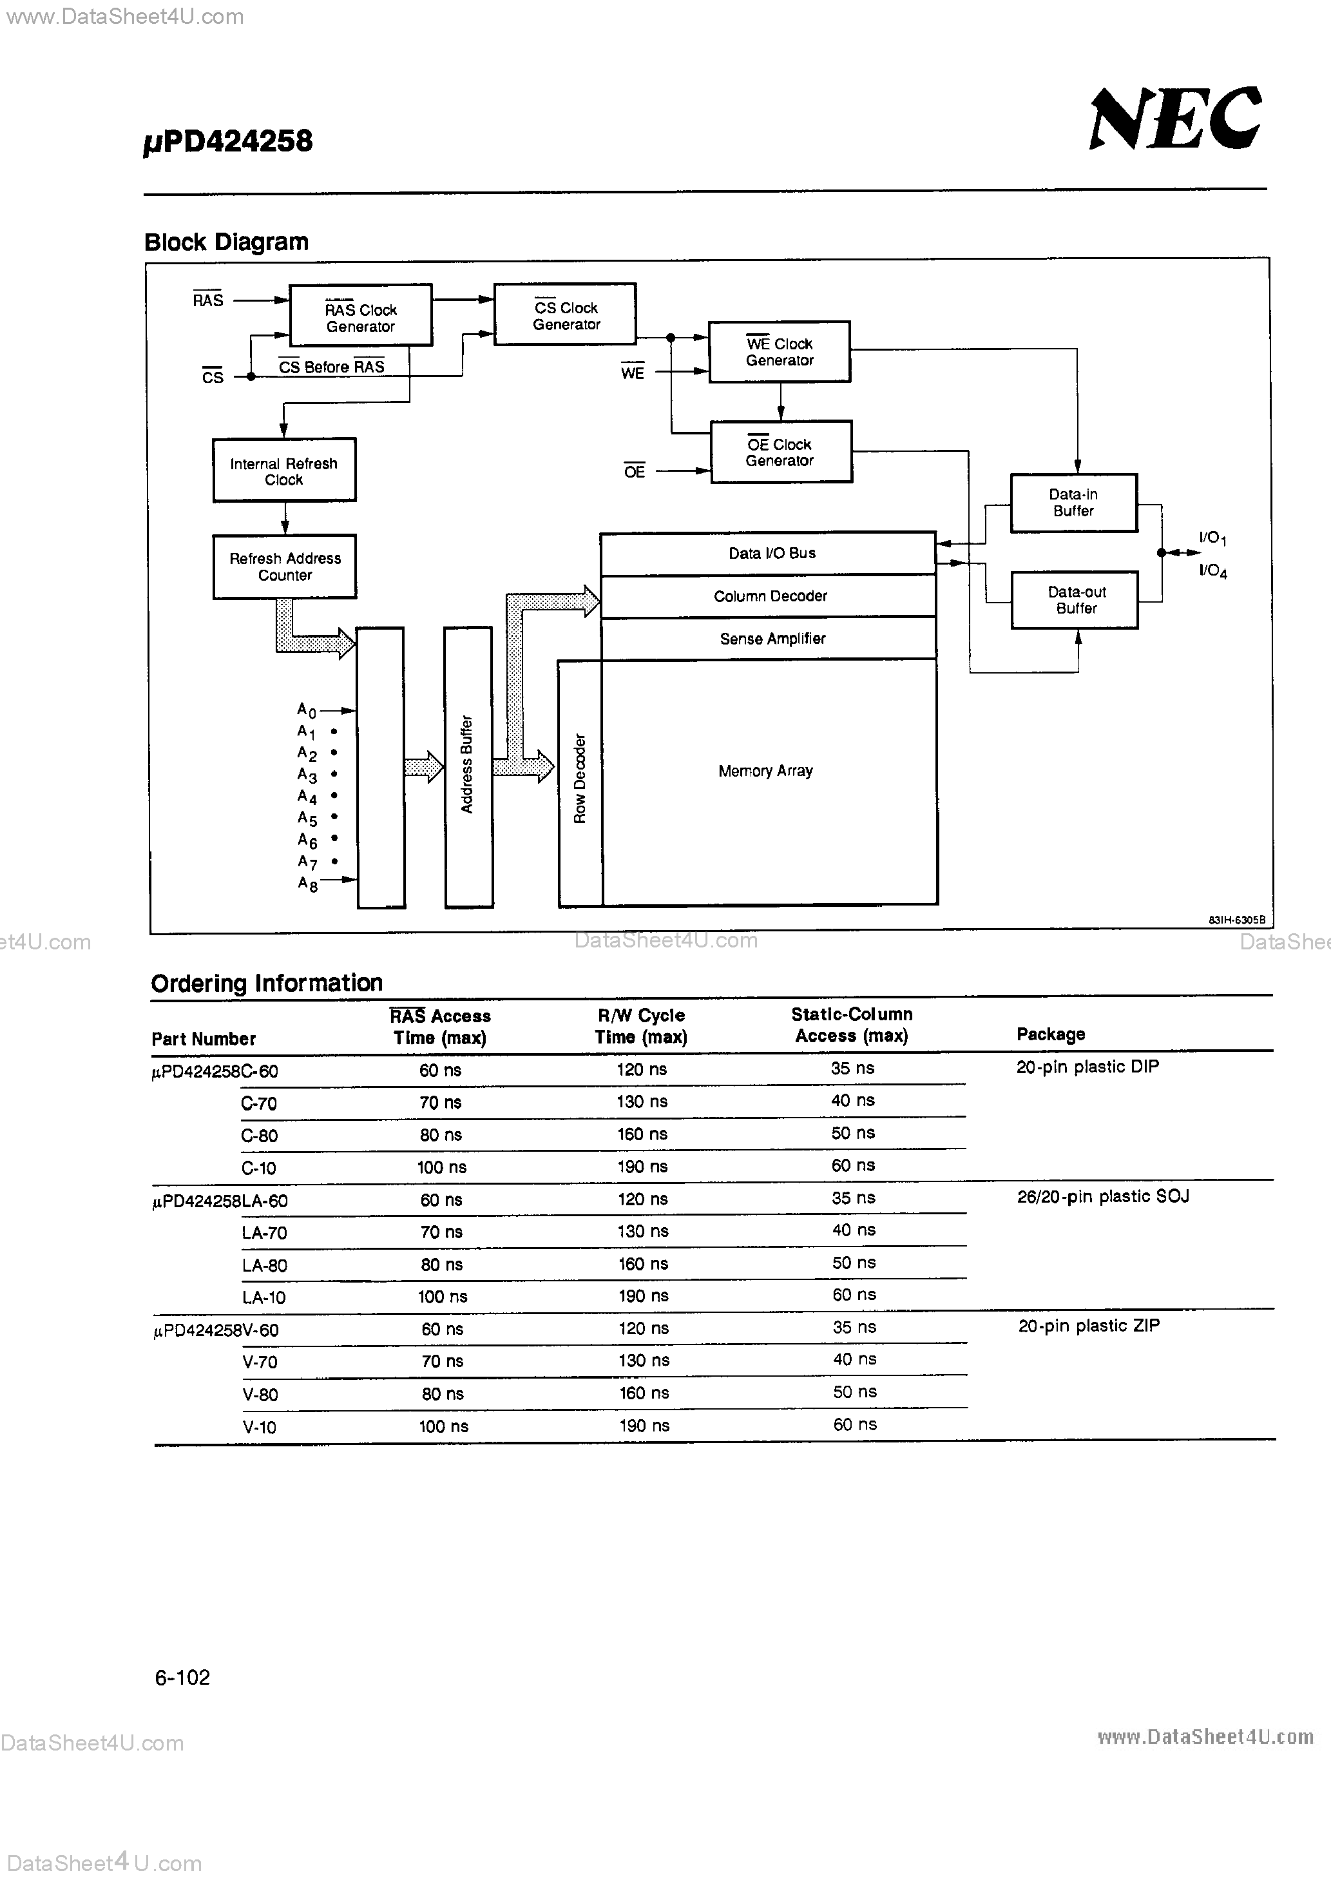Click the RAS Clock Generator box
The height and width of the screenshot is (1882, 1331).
coord(361,316)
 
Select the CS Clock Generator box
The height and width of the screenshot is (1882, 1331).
coord(565,315)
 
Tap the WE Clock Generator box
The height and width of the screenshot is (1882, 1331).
coord(780,352)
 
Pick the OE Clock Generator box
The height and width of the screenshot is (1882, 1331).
coord(780,452)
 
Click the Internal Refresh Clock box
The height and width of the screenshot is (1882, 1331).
coord(283,471)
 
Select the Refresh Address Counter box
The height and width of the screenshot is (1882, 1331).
coord(284,567)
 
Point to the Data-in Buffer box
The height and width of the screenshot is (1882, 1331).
coord(1073,503)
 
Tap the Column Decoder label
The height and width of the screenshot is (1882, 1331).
coord(770,596)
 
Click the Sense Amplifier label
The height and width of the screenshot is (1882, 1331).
coord(772,639)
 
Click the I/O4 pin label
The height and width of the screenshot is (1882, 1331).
coord(1212,571)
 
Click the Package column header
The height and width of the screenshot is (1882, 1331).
coord(1050,1034)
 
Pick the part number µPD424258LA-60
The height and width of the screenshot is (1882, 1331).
coord(220,1201)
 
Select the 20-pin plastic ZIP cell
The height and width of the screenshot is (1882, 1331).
coord(1088,1325)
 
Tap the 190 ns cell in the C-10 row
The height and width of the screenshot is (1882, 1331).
coord(642,1167)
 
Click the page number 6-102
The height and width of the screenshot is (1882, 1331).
coord(182,1677)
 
